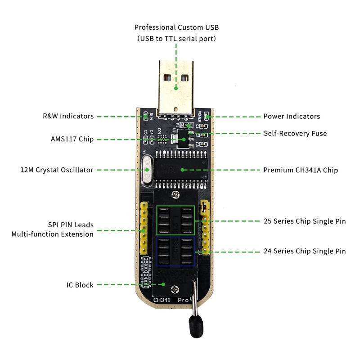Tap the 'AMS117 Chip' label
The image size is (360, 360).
click(x=72, y=139)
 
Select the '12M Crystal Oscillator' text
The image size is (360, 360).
click(x=57, y=170)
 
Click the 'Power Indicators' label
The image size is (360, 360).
click(x=291, y=116)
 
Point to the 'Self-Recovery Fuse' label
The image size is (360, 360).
click(x=295, y=133)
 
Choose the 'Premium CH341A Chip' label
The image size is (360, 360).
click(x=300, y=170)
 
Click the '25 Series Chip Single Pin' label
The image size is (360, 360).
click(x=304, y=221)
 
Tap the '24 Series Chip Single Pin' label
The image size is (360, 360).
click(x=304, y=251)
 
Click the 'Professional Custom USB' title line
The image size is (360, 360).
click(x=176, y=27)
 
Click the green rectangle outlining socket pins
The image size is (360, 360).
click(x=175, y=220)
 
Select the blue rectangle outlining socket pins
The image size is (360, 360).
click(x=175, y=252)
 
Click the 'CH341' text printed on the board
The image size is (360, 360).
click(x=162, y=299)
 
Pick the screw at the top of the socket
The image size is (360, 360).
click(x=175, y=194)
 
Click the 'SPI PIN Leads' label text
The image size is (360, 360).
click(x=71, y=225)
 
